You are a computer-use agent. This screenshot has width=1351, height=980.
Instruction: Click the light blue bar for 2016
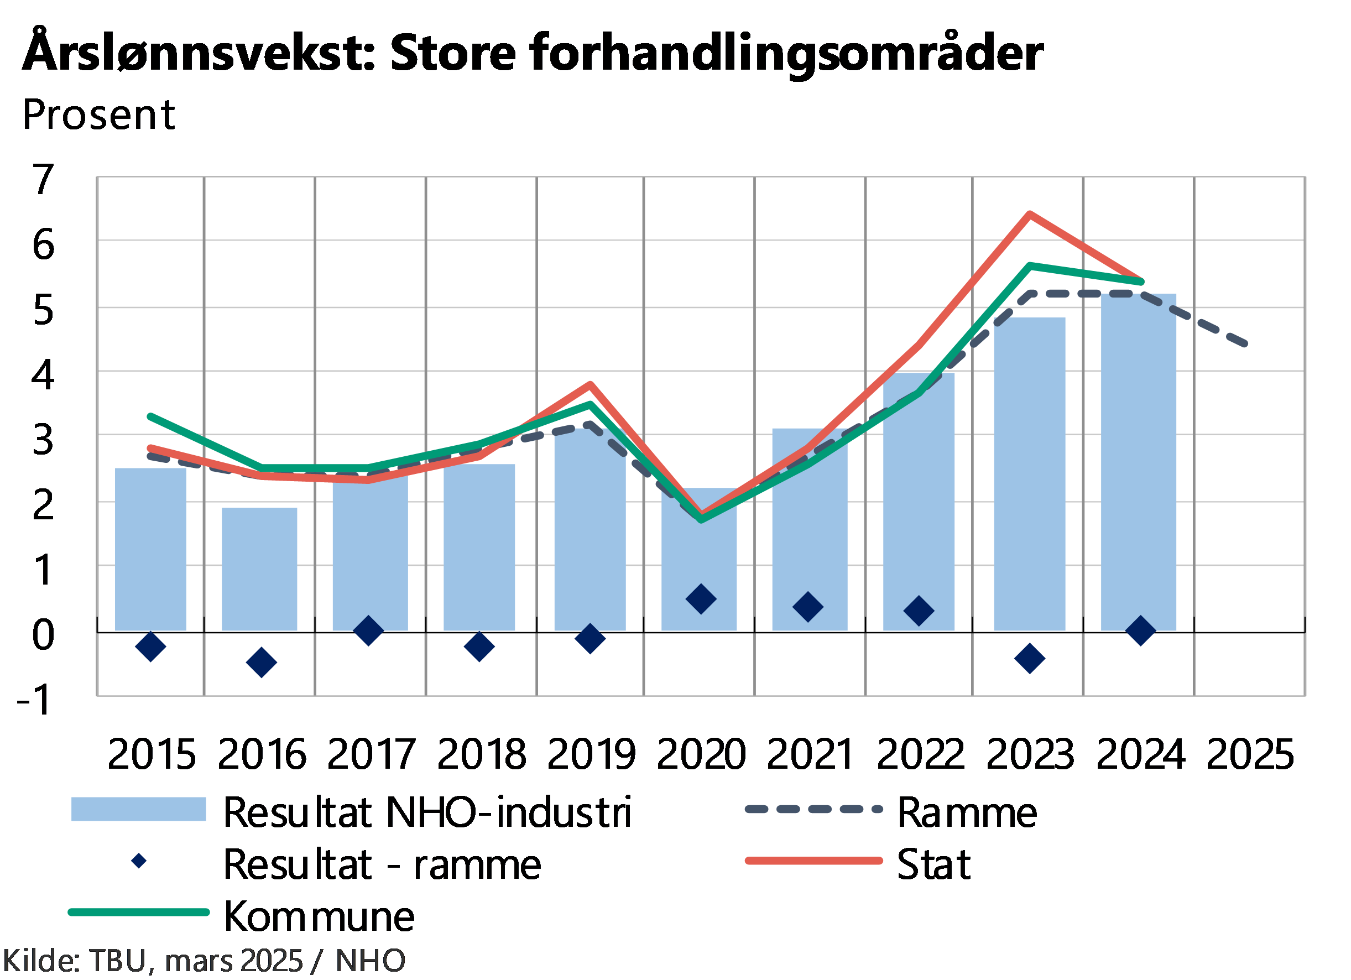259,569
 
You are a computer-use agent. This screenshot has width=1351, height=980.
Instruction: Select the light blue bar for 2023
1029,473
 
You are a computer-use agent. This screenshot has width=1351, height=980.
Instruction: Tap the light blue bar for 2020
699,560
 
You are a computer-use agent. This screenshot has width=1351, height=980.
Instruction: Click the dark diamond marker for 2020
701,600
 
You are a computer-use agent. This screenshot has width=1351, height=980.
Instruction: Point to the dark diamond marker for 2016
262,663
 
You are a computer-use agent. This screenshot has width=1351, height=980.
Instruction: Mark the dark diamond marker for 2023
1030,658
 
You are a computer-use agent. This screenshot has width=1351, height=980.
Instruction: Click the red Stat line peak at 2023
1029,214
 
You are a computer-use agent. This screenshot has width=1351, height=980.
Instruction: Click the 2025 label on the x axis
1250,754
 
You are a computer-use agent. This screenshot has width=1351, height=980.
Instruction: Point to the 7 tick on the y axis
44,179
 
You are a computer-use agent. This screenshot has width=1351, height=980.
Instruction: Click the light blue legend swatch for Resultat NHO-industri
138,809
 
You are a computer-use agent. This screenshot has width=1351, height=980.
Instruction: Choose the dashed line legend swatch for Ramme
813,809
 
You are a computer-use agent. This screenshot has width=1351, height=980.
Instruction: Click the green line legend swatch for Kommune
138,912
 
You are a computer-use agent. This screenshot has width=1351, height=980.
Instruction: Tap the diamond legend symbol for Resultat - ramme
139,861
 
